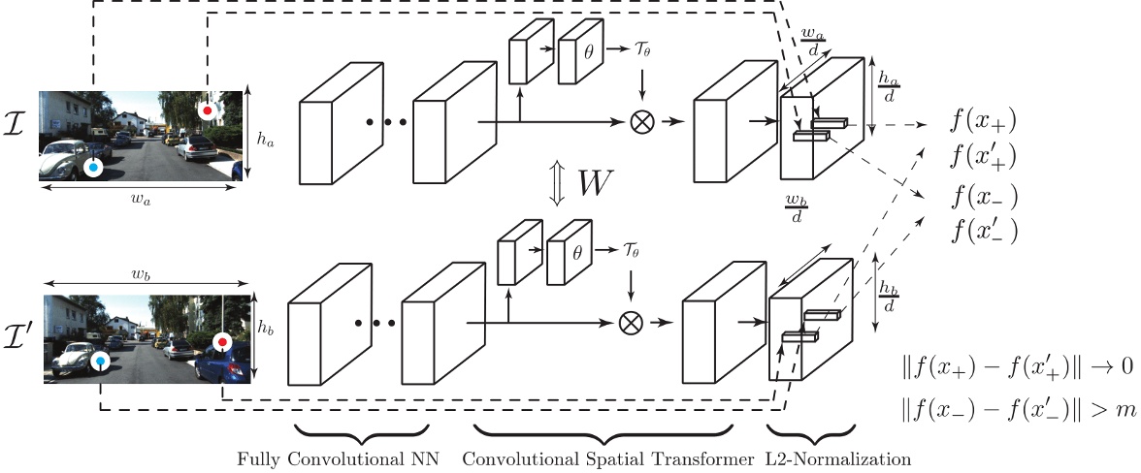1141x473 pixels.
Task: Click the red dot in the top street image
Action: pyautogui.click(x=207, y=111)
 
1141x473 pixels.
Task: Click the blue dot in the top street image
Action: pyautogui.click(x=93, y=168)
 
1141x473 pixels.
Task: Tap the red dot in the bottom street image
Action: pyautogui.click(x=222, y=342)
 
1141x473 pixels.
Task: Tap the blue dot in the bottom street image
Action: pyautogui.click(x=101, y=362)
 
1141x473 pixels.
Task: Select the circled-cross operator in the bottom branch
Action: pyautogui.click(x=632, y=321)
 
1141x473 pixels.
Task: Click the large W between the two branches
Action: pyautogui.click(x=596, y=186)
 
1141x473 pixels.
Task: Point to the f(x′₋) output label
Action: pyautogui.click(x=983, y=231)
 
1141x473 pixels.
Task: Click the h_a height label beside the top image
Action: pyautogui.click(x=266, y=139)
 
